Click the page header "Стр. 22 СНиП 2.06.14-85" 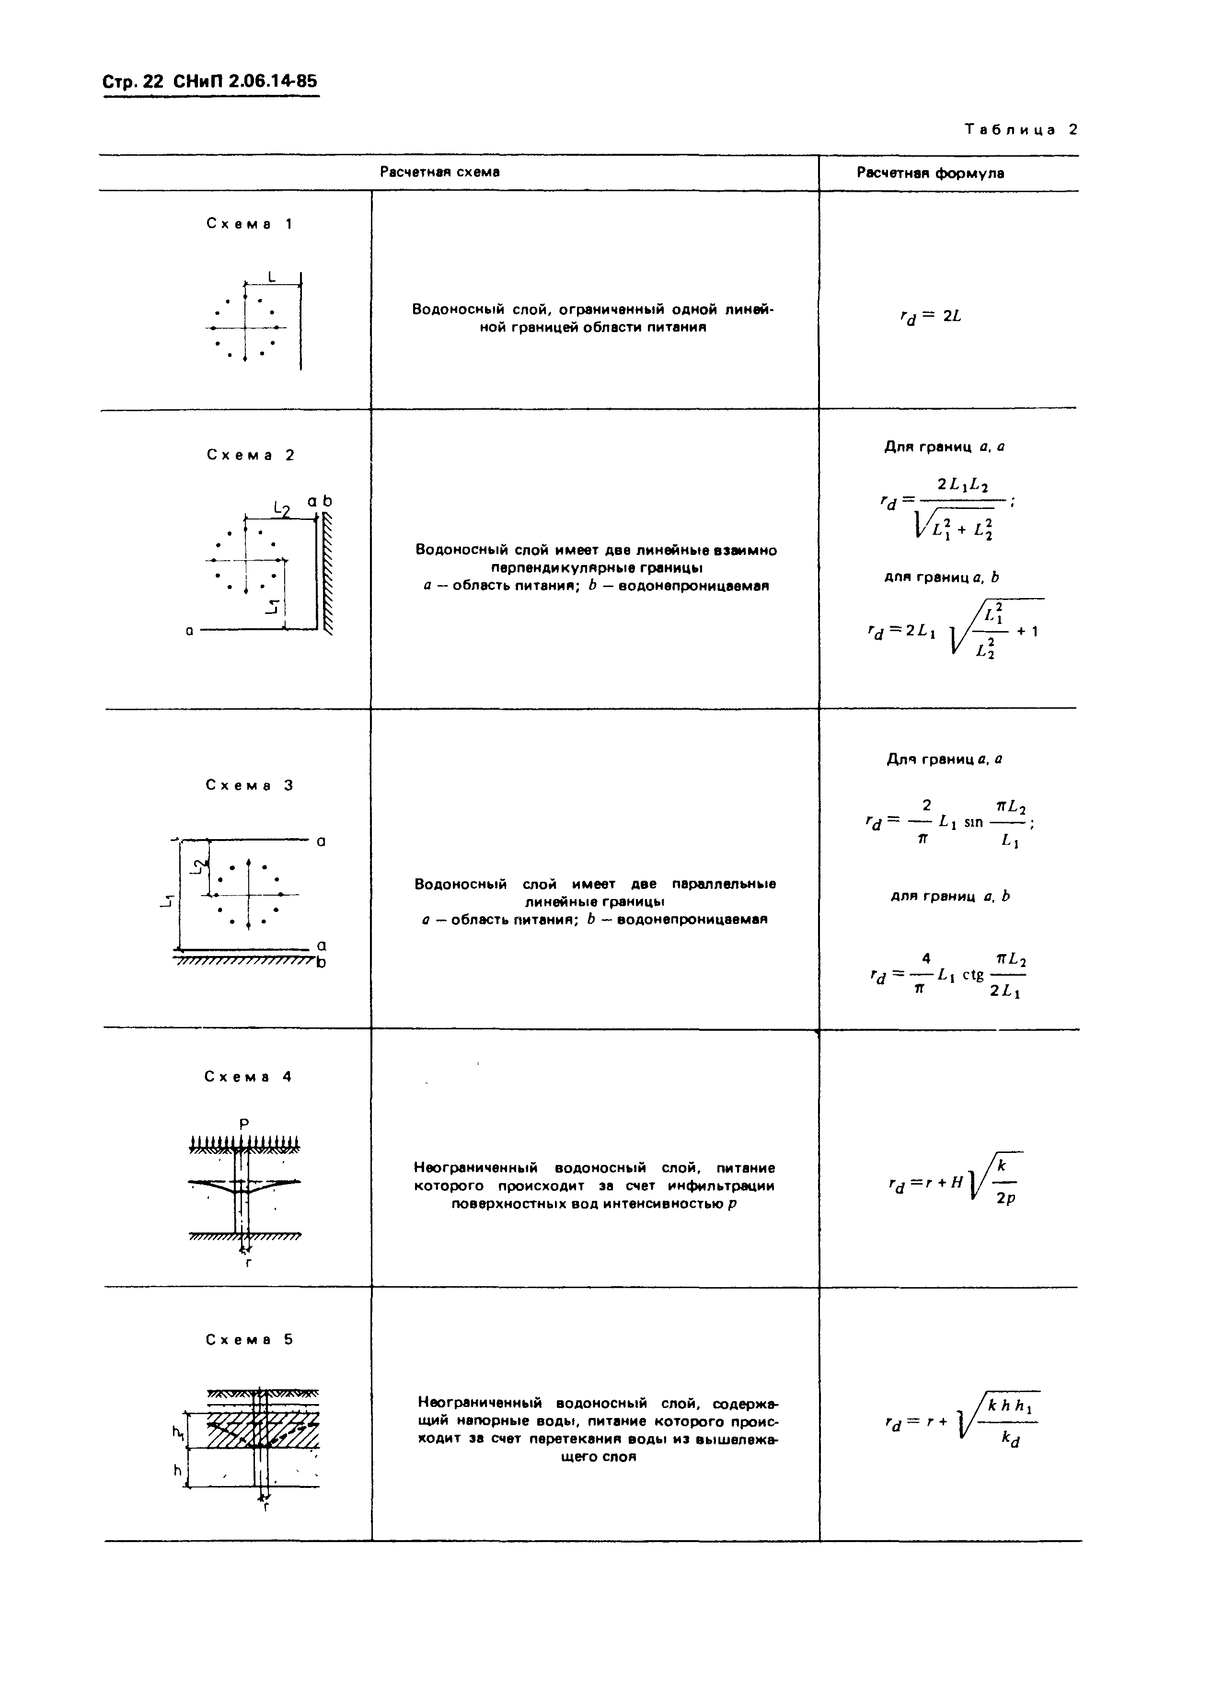pos(210,81)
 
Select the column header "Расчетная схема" pos(440,172)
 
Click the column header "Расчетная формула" pos(930,173)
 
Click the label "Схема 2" pos(250,455)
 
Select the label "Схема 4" pos(248,1077)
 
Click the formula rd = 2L pos(930,317)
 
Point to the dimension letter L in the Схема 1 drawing pos(271,276)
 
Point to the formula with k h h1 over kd pos(961,1422)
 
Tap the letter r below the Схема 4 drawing pos(248,1261)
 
